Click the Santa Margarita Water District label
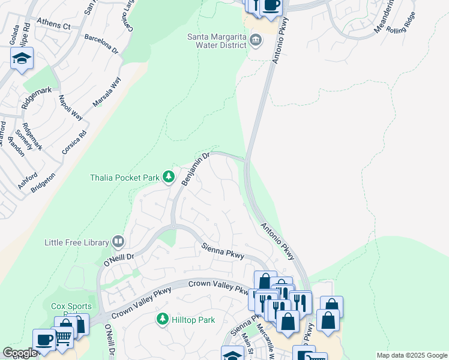click(x=217, y=41)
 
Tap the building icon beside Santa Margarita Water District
click(x=256, y=41)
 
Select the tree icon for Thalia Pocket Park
click(x=169, y=177)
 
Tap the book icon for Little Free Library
click(x=118, y=242)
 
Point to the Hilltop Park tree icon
click(x=162, y=319)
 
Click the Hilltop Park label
click(x=193, y=320)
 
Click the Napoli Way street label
click(x=70, y=107)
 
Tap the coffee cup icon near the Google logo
click(x=44, y=338)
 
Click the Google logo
click(x=20, y=353)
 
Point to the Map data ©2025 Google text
click(x=411, y=355)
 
